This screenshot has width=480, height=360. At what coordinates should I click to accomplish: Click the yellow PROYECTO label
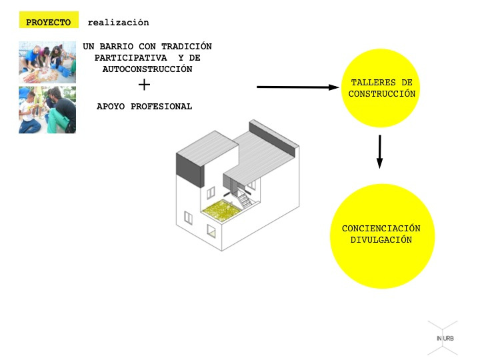point(49,23)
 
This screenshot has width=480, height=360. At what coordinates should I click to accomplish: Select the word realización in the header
point(118,23)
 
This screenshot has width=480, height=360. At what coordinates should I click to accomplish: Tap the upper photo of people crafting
point(47,63)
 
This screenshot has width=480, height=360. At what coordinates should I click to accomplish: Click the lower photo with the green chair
point(47,109)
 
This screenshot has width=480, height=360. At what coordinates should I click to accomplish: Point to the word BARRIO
point(116,47)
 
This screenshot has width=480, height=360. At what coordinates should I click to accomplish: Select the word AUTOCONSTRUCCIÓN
point(147,69)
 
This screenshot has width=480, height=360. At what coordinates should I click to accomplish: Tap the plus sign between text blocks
point(144,85)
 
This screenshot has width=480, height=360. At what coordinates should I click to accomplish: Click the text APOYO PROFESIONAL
point(144,106)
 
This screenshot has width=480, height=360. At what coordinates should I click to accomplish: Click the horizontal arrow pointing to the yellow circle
point(298,87)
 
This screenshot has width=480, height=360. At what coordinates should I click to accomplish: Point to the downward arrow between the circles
point(380,151)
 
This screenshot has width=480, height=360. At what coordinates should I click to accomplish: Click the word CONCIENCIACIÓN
point(381,229)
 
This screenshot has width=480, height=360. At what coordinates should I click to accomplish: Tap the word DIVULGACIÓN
point(381,240)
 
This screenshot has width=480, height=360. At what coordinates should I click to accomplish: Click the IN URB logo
point(445,338)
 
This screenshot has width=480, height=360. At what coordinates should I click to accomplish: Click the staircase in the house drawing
point(245,197)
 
